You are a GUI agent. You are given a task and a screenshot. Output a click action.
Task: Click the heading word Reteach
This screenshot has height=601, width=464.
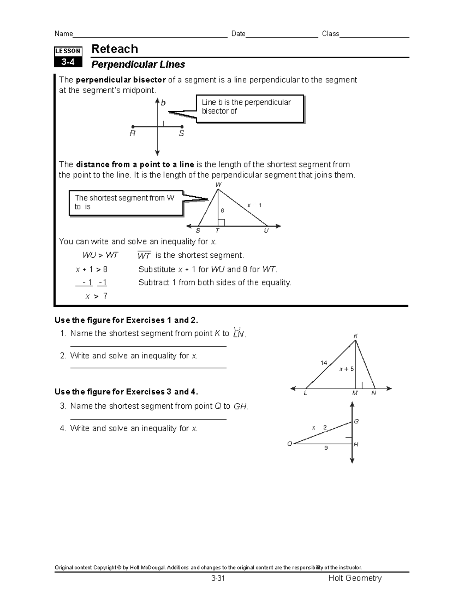[x=114, y=49]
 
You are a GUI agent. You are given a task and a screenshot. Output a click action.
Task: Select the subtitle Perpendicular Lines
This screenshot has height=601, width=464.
[x=138, y=64]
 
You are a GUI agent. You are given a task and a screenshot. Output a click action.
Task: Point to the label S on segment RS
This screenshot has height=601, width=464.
[x=181, y=134]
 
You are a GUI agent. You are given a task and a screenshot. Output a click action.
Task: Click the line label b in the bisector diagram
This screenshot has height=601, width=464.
[x=163, y=103]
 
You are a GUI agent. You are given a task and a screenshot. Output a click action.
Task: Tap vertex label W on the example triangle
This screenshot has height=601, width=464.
[x=218, y=185]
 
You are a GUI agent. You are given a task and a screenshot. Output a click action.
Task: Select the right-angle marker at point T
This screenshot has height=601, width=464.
[x=221, y=222]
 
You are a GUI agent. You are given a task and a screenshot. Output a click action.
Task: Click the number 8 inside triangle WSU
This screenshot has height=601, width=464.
[x=222, y=211]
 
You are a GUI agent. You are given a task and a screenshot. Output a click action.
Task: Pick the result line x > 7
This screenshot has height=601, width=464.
[x=96, y=296]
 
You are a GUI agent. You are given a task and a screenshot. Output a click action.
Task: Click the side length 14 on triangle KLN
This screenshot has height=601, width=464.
[x=324, y=363]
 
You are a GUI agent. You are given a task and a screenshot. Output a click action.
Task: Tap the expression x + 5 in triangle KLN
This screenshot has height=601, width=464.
[x=346, y=369]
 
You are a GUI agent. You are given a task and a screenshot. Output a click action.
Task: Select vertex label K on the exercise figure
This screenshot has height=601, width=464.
[x=355, y=336]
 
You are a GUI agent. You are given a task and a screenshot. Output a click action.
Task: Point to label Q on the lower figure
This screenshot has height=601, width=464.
[x=289, y=444]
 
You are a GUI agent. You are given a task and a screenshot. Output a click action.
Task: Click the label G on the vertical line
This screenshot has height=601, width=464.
[x=356, y=421]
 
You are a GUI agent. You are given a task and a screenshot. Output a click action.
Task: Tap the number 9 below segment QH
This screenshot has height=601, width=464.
[x=326, y=448]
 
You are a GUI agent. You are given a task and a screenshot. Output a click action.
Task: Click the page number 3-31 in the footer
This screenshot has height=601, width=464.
[x=218, y=579]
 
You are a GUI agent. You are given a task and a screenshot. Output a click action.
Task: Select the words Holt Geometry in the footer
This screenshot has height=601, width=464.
[x=355, y=578]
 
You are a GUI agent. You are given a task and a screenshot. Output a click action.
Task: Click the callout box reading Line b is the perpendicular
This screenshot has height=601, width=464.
[x=250, y=109]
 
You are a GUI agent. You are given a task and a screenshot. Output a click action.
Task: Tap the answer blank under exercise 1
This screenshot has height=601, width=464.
[x=148, y=346]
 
